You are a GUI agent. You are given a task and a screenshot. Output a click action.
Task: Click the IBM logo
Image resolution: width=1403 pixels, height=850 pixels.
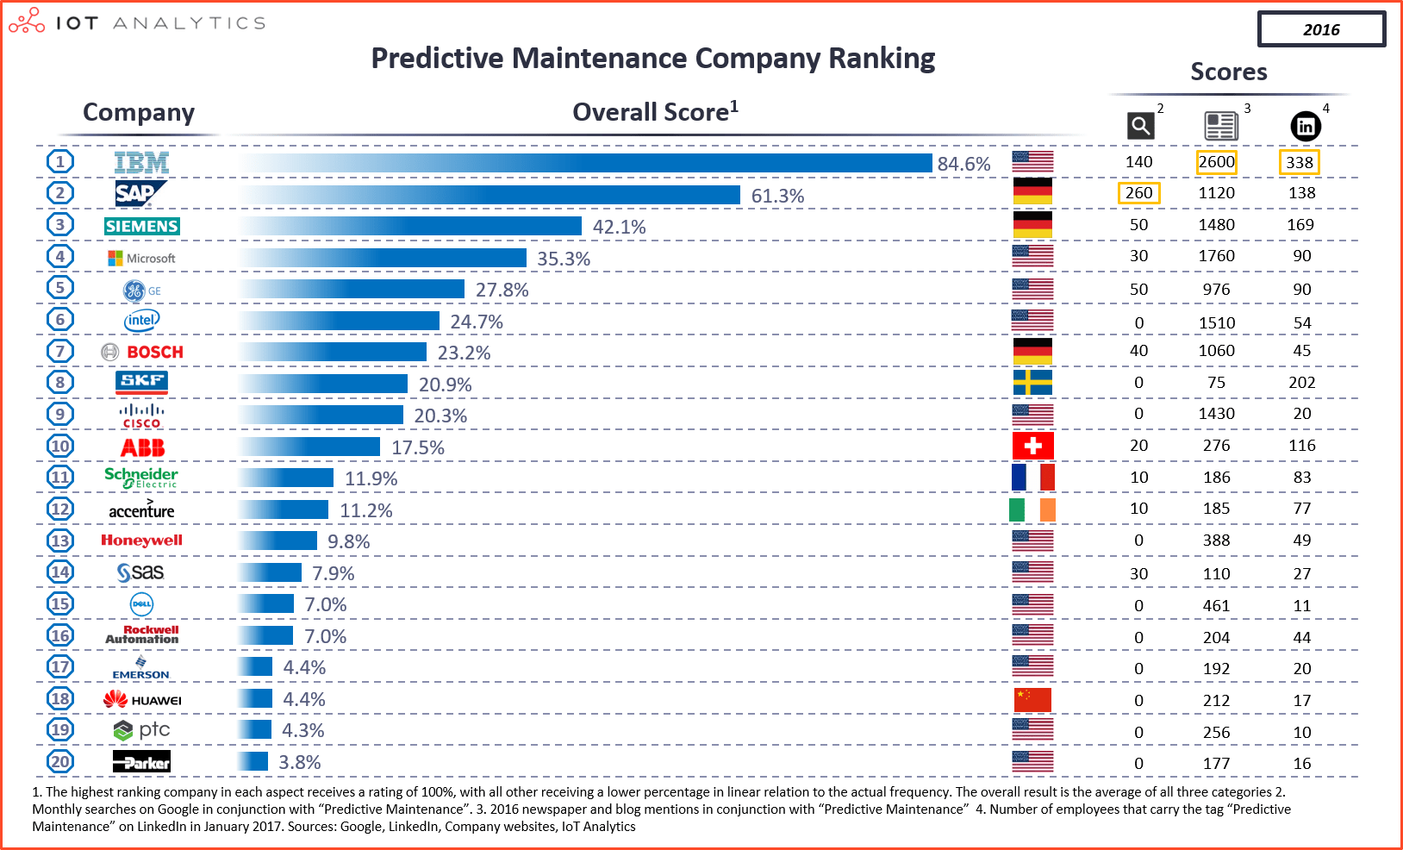(141, 163)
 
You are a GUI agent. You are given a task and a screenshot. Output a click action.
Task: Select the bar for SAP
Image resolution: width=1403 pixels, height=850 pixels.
(489, 195)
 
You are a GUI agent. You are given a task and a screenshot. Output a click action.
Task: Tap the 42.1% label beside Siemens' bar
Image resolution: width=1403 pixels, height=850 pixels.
(619, 227)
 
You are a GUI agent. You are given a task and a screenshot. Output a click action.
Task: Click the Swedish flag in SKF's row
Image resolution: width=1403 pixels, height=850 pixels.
(1032, 382)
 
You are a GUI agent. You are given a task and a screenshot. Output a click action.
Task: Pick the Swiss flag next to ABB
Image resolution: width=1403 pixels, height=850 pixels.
(1032, 446)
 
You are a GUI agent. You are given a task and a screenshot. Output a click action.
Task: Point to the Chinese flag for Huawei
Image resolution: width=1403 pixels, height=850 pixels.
(1032, 699)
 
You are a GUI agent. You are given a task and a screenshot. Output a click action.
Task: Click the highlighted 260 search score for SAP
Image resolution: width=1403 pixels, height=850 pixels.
(1138, 193)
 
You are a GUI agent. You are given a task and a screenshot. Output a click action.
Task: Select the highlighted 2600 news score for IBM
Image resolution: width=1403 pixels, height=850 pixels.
(1216, 162)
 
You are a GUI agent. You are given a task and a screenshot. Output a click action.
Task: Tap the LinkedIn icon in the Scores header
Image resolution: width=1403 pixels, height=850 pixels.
(1305, 127)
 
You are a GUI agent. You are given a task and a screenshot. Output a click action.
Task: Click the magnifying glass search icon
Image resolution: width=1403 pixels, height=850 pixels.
(1140, 127)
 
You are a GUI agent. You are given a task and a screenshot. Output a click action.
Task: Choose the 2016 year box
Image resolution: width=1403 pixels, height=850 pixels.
(1321, 29)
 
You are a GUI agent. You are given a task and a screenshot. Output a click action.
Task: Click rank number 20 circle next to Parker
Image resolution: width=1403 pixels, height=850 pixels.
(60, 762)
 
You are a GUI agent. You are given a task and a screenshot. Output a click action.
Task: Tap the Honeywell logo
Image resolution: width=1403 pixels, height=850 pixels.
(141, 541)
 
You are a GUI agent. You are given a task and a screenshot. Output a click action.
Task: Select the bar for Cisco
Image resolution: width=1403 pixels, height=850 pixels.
(321, 416)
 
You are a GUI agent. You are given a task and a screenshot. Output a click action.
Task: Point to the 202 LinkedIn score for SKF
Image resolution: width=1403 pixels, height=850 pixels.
(1301, 383)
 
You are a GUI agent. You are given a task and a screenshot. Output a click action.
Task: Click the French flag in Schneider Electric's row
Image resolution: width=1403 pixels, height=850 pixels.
(1032, 477)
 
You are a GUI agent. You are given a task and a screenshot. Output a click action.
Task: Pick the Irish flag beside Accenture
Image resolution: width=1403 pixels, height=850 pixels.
(1032, 509)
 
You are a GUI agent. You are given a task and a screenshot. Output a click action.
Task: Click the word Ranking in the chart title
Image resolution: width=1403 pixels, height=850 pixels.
(881, 59)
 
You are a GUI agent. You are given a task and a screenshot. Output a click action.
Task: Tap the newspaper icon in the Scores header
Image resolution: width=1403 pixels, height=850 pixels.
(1220, 127)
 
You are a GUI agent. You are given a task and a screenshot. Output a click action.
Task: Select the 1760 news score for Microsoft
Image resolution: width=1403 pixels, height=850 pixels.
(1216, 256)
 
